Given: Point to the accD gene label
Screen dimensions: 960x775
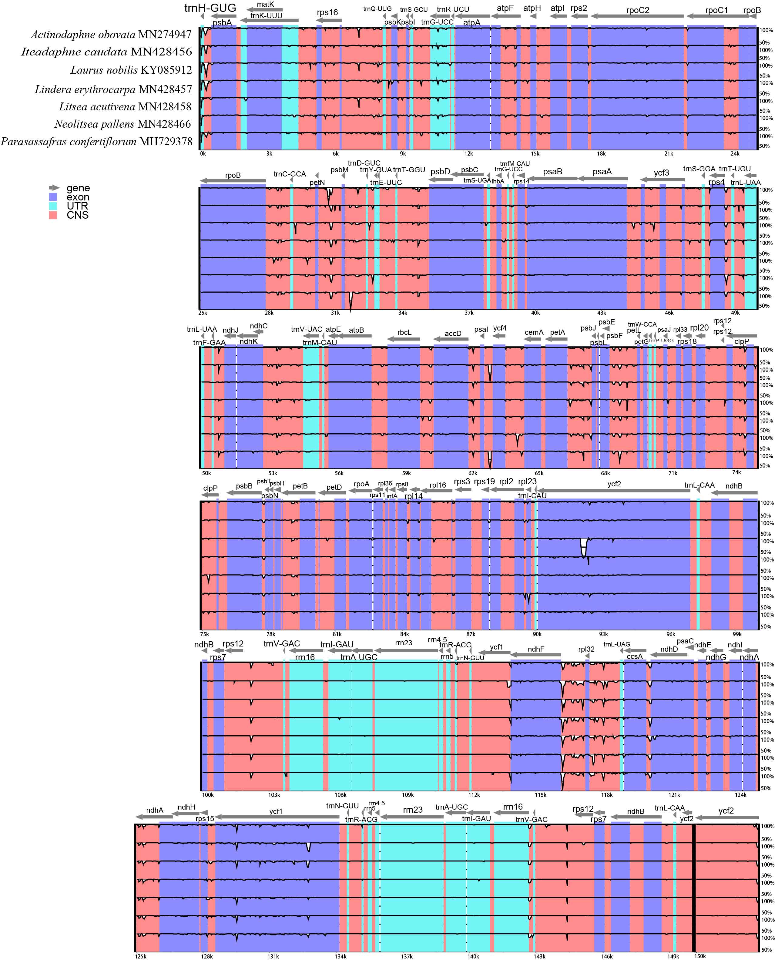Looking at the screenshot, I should click(453, 334).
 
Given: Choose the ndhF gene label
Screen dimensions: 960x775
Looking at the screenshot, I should click(536, 649).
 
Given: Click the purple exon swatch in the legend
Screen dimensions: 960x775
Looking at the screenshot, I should click(53, 197).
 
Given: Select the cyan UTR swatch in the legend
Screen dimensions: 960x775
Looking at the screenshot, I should click(53, 206).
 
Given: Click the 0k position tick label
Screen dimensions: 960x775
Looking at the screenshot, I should click(203, 154).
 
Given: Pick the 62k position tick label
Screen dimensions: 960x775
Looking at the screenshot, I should click(472, 473).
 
